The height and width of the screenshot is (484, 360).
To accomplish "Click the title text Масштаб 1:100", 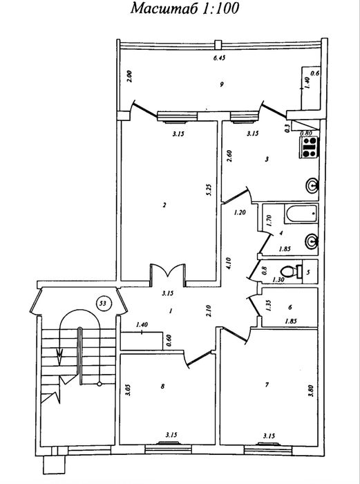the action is pyautogui.click(x=184, y=8).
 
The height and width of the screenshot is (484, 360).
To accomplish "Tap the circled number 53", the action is pyautogui.click(x=103, y=304).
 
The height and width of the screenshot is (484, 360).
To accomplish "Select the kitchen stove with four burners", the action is pyautogui.click(x=309, y=147).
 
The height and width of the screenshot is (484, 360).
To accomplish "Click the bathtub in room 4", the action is pyautogui.click(x=302, y=214).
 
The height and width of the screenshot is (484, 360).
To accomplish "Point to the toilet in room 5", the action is pyautogui.click(x=292, y=272).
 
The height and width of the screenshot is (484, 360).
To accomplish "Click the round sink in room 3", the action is pyautogui.click(x=312, y=185).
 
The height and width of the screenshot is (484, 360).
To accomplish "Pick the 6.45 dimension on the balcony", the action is pyautogui.click(x=219, y=57).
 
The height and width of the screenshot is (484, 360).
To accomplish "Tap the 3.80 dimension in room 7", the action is pyautogui.click(x=311, y=391).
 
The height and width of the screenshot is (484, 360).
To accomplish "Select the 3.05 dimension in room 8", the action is pyautogui.click(x=129, y=389).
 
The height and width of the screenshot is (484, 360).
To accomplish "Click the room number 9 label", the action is pyautogui.click(x=222, y=84).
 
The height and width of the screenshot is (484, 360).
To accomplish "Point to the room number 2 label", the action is pyautogui.click(x=164, y=205).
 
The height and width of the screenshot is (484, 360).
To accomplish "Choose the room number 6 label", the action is pyautogui.click(x=290, y=308).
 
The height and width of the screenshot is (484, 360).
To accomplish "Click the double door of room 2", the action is pyautogui.click(x=167, y=272).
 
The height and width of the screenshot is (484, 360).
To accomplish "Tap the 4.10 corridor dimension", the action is pyautogui.click(x=229, y=263).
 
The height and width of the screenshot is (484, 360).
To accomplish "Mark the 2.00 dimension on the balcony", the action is pyautogui.click(x=130, y=76).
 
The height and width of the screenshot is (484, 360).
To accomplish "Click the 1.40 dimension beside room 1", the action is pyautogui.click(x=142, y=324).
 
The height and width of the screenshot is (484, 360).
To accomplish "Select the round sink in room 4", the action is pyautogui.click(x=311, y=241).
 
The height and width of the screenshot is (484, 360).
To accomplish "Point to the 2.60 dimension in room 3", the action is pyautogui.click(x=229, y=156).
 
